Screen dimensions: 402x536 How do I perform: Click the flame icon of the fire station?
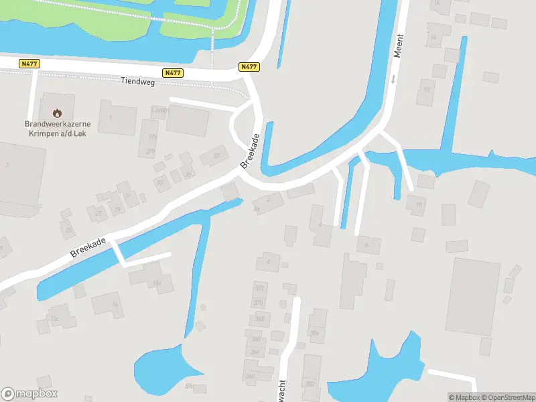(x=58, y=113)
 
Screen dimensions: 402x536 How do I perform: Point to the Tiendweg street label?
(x=137, y=81)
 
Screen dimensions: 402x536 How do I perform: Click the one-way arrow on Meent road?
(x=393, y=79)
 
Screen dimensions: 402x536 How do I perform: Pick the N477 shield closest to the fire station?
(x=29, y=64)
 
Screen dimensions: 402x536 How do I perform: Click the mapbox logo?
(x=29, y=394)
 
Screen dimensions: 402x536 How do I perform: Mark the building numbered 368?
(x=259, y=318)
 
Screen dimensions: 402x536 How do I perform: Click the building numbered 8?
(x=366, y=245)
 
